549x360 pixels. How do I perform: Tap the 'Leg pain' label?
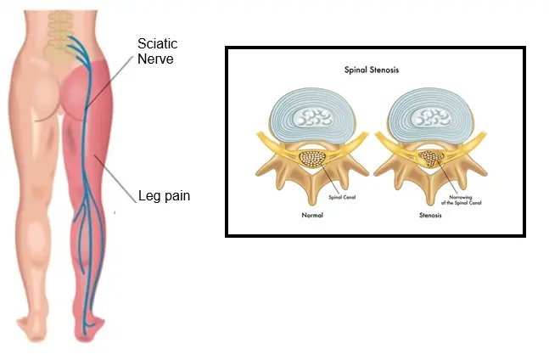164,196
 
